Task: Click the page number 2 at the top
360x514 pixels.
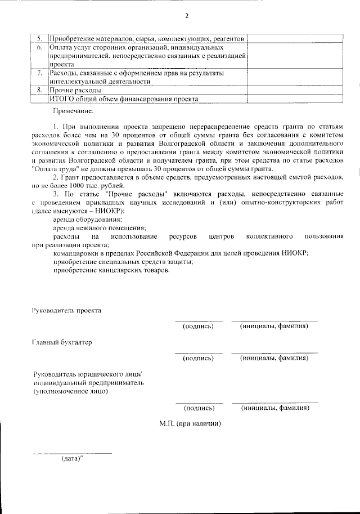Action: [x=187, y=15]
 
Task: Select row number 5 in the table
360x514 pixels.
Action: [x=39, y=39]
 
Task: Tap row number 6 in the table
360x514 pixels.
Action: [x=39, y=48]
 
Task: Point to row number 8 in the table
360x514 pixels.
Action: [x=39, y=90]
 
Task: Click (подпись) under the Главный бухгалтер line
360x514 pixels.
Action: [x=198, y=357]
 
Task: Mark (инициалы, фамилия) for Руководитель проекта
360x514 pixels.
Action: [x=274, y=326]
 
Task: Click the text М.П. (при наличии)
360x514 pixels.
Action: [x=190, y=423]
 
